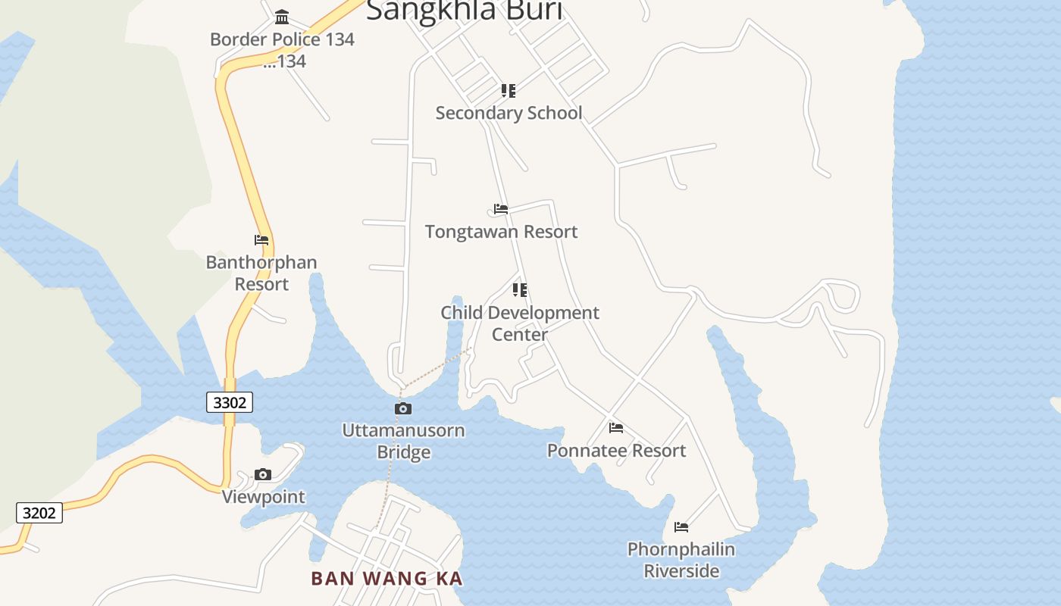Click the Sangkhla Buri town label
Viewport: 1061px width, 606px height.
tap(465, 11)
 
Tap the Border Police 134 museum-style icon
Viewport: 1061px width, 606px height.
tap(282, 17)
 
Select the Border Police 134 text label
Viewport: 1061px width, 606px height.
tap(282, 39)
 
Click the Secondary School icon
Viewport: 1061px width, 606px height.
tap(509, 91)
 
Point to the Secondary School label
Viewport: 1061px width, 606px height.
tap(509, 113)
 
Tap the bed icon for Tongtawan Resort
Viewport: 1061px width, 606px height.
tap(500, 209)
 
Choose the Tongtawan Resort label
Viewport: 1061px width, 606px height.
tap(501, 232)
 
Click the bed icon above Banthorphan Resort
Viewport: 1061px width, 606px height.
tap(261, 240)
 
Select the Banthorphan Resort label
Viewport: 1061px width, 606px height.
tap(261, 273)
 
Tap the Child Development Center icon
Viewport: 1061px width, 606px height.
tap(519, 290)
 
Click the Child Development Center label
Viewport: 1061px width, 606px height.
tap(520, 323)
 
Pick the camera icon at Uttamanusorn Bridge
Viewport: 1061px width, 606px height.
tap(403, 409)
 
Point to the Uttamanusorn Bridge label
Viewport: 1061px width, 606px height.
tap(403, 441)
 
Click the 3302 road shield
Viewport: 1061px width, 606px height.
tap(230, 402)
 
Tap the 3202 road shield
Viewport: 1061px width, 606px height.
tap(39, 513)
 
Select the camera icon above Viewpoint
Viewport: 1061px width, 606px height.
tap(263, 475)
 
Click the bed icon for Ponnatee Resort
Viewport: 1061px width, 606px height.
tap(616, 428)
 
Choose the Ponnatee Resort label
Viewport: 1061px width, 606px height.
tap(616, 451)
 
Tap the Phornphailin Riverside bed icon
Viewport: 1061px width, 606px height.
tap(681, 527)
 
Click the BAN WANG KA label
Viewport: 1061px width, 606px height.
tap(387, 579)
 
